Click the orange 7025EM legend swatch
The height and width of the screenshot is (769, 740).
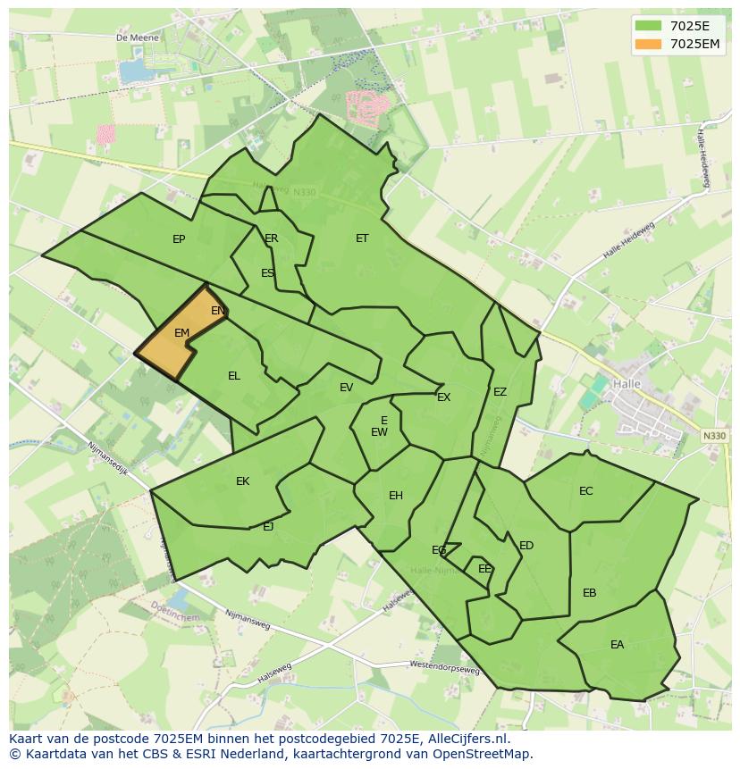[x=650, y=44]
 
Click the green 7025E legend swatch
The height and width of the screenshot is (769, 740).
[x=650, y=26]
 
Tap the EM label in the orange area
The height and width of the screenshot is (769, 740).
[x=181, y=333]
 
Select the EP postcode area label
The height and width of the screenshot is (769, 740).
[x=179, y=239]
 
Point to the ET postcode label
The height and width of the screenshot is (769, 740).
[x=362, y=238]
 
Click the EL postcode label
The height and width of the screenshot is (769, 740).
[x=234, y=376]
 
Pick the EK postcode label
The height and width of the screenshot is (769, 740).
[x=242, y=481]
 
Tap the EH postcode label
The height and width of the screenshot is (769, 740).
[x=396, y=496]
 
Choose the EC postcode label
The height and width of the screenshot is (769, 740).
[x=586, y=491]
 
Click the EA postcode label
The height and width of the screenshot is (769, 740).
[x=618, y=645]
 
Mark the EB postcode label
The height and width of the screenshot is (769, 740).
[x=589, y=593]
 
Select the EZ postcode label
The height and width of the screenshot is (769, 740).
[x=500, y=392]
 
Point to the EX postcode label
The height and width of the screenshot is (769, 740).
[x=444, y=397]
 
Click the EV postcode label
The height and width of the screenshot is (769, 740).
[x=346, y=388]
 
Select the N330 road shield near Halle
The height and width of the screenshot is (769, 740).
[x=714, y=436]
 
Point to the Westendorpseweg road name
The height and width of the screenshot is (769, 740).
[x=444, y=667]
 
